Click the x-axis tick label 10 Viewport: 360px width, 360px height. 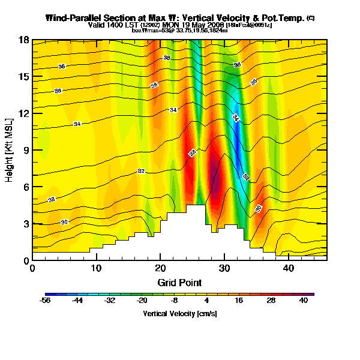96,268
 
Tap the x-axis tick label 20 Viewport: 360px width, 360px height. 160,268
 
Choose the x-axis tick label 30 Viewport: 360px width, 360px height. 224,268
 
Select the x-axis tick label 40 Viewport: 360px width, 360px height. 288,268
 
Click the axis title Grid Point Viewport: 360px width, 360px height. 179,282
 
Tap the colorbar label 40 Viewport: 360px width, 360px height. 303,301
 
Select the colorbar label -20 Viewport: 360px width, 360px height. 142,301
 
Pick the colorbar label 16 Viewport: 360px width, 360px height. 238,301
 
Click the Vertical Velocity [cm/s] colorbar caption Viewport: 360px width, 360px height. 180,314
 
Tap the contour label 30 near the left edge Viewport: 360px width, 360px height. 64,222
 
